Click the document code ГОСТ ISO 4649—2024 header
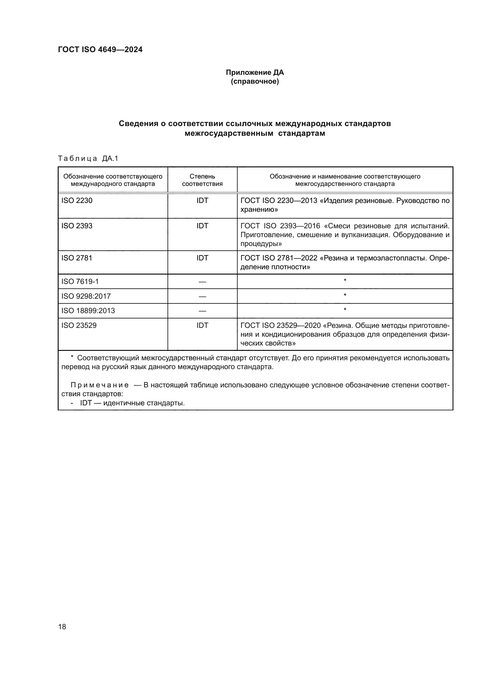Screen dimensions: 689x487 100,50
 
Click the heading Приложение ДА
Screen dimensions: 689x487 255,72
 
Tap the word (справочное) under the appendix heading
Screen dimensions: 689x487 255,82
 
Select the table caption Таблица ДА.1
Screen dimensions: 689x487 88,158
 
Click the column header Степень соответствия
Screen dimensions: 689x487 202,180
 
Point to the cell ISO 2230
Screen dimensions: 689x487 77,201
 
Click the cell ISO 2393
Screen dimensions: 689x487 77,226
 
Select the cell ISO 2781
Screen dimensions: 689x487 77,258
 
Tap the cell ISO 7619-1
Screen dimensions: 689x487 80,282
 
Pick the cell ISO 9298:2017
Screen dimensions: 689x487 86,296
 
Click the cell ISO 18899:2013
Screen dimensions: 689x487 88,310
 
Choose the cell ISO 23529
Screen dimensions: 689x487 79,325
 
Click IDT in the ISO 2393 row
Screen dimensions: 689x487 202,226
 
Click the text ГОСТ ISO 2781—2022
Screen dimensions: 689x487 279,258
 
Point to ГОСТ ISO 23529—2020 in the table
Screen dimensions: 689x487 281,325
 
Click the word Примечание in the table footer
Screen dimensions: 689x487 100,385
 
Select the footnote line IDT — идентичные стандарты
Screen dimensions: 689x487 132,403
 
